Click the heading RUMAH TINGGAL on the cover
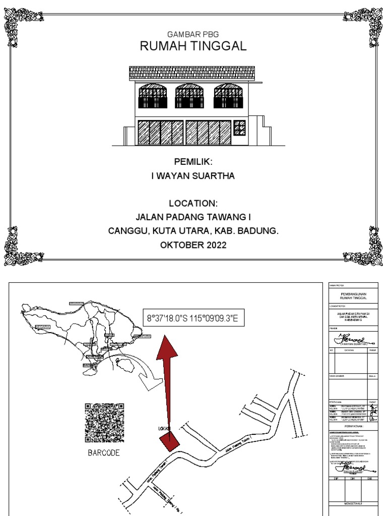193,47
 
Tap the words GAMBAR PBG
193,34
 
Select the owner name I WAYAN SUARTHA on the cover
193,176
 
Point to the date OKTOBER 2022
193,245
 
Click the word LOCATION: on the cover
193,204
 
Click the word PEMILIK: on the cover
193,162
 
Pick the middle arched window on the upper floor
189,96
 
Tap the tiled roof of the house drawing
193,74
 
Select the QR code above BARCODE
104,422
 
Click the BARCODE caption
104,453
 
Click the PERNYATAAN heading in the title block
353,425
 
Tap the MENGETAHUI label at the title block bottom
353,503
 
